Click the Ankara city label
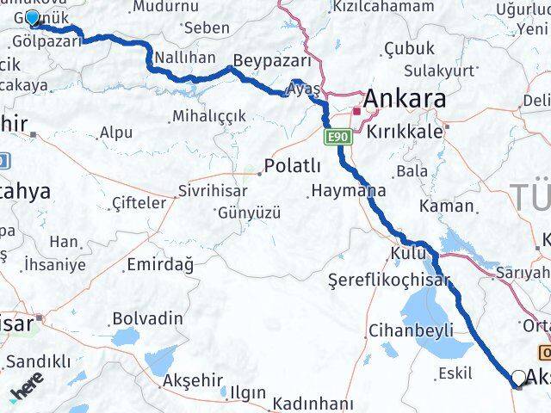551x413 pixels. pyautogui.click(x=404, y=99)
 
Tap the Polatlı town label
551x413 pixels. pyautogui.click(x=293, y=166)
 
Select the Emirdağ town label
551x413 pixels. pyautogui.click(x=159, y=263)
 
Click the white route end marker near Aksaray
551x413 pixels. pyautogui.click(x=518, y=378)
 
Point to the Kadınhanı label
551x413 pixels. pyautogui.click(x=313, y=404)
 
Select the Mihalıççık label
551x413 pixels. pyautogui.click(x=208, y=115)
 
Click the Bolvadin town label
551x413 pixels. pyautogui.click(x=147, y=318)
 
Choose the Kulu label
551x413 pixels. pyautogui.click(x=402, y=253)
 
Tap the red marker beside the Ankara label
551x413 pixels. pyautogui.click(x=356, y=111)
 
